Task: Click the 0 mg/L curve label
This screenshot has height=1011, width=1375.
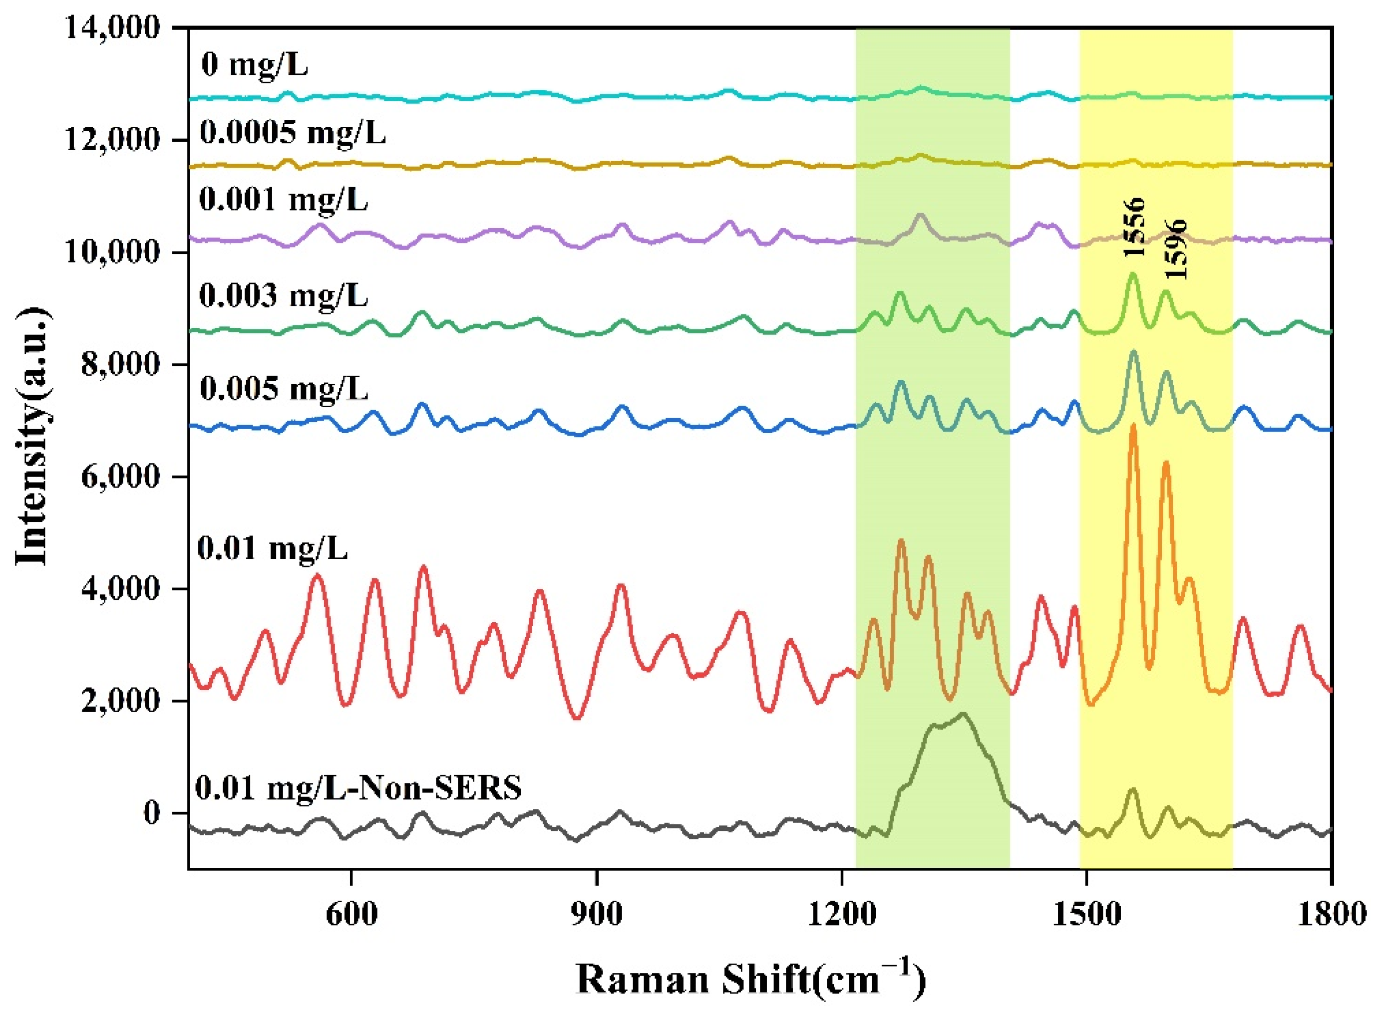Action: point(254,64)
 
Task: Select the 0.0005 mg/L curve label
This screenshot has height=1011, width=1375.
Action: point(293,132)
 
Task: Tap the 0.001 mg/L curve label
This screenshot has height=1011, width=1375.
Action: point(284,200)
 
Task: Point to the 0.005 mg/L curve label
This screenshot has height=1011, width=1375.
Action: point(284,389)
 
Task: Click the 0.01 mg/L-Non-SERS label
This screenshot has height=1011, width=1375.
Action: point(358,787)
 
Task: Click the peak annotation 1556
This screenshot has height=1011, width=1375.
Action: point(1133,228)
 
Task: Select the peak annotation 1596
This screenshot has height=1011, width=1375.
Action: point(1176,250)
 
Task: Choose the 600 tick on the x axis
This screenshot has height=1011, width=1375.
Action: point(351,914)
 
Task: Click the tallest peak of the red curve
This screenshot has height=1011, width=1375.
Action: point(1132,425)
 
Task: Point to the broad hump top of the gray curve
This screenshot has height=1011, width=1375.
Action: point(963,714)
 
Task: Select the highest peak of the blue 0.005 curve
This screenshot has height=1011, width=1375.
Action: point(1133,351)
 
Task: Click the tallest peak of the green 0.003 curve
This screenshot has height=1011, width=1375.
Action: point(1132,273)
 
